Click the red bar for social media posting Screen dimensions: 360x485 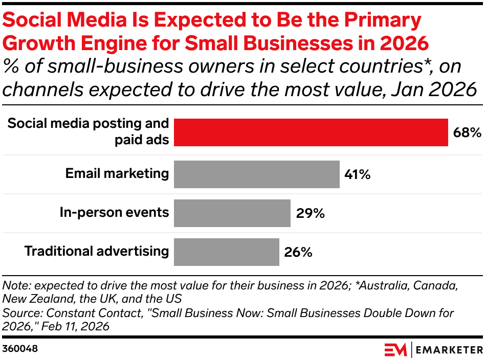311,132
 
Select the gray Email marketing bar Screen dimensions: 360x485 256,174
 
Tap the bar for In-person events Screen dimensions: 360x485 232,213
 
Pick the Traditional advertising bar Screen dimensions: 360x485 227,252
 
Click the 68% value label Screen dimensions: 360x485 467,133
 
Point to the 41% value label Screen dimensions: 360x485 357,175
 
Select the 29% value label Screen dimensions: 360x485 310,213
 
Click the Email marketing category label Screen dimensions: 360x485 117,173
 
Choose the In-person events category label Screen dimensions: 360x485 114,212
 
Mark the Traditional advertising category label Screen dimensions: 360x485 97,251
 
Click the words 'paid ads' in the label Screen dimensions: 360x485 142,140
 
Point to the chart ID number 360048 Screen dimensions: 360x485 20,349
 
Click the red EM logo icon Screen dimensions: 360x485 395,349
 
